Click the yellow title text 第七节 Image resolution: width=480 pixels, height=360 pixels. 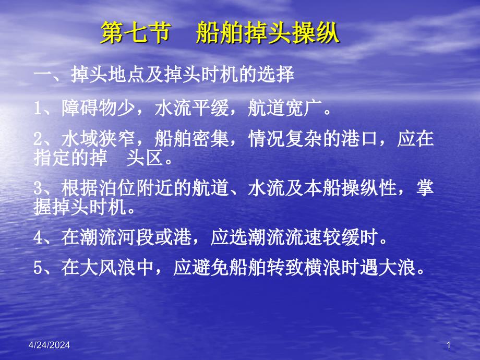pos(136,32)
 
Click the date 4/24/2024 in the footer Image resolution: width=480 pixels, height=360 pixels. pos(49,345)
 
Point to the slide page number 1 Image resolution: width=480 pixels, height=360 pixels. pos(449,345)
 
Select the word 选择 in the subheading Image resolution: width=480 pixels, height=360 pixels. pos(275,75)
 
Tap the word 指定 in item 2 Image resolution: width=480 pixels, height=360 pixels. pos(52,158)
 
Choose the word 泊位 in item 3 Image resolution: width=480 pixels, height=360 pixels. pos(117,187)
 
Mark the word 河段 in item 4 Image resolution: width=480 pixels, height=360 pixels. pos(136,237)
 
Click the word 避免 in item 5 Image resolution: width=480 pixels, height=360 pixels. pos(210,267)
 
